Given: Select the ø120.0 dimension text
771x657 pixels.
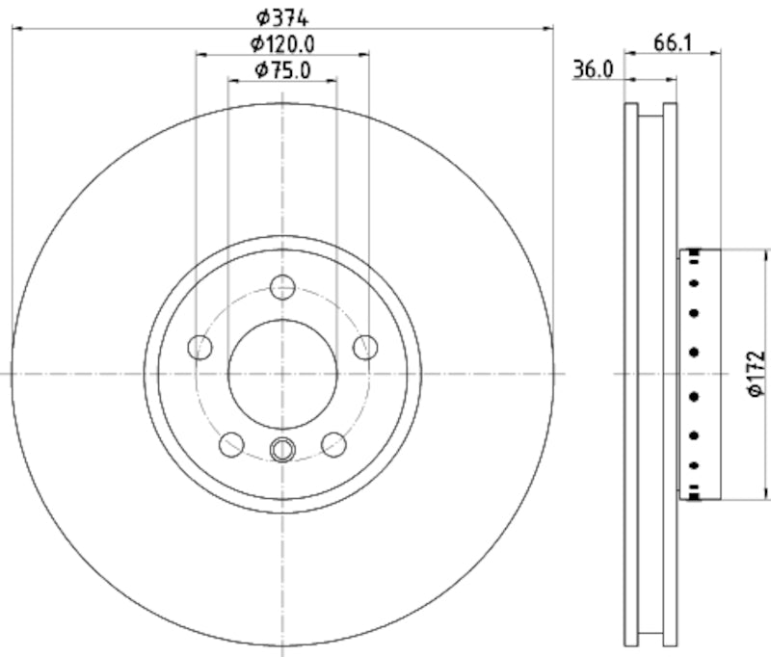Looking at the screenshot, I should coord(282,43).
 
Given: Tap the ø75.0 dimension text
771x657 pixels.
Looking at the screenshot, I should coord(282,69).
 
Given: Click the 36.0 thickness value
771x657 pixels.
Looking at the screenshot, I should coord(595,69).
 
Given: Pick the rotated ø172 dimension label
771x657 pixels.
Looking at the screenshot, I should coord(756,374).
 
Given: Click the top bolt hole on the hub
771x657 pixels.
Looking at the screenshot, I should coord(282,286).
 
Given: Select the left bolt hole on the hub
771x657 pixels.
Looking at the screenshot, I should coord(199,347).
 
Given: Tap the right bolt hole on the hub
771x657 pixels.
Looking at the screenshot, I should coord(365,347).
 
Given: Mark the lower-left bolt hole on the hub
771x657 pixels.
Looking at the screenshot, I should coord(231,444).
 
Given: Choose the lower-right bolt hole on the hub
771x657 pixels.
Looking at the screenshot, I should coord(333,444).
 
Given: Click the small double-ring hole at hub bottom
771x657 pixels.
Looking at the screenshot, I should coord(282,449).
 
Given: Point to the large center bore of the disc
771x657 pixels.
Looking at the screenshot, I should coord(282,374).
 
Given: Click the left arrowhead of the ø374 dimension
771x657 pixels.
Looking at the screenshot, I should coord(16,29).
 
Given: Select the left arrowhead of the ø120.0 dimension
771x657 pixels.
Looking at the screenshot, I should coord(200,55).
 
